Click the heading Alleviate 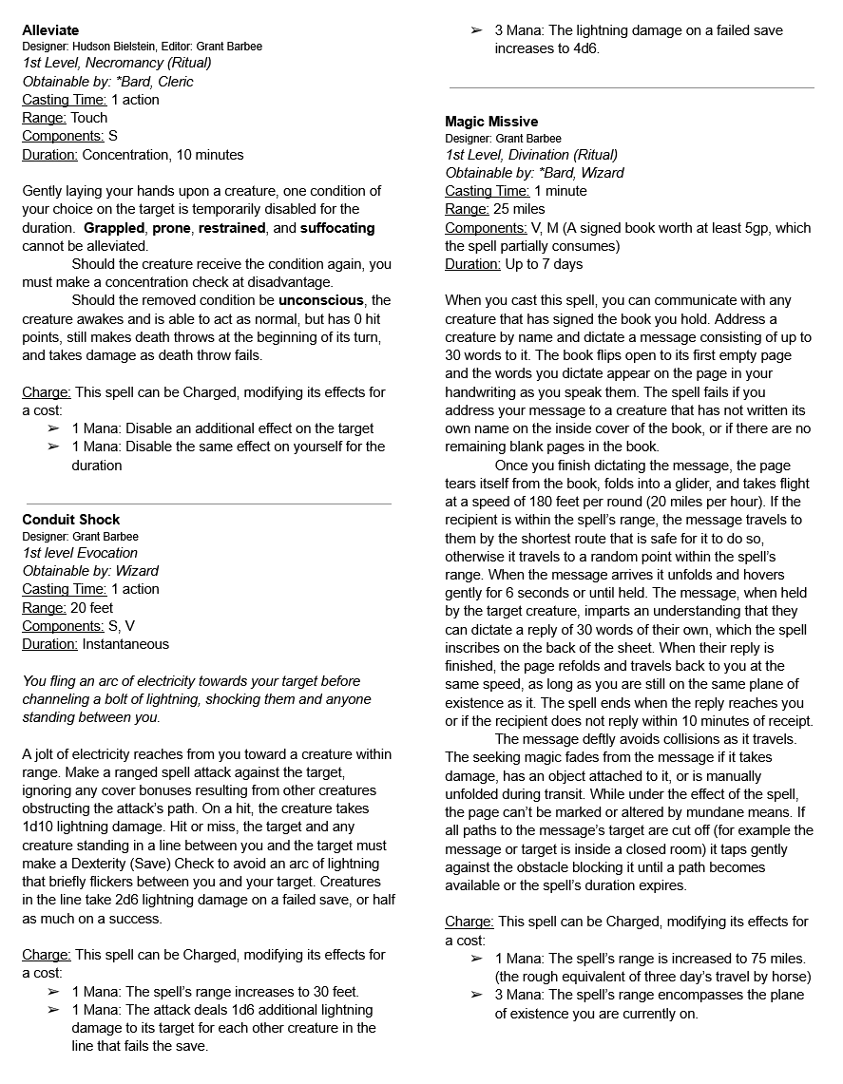coord(50,30)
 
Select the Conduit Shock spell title coord(71,520)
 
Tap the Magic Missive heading coord(491,122)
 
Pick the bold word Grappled coord(113,228)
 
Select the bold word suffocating coord(337,228)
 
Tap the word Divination coord(544,155)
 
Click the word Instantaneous coord(125,644)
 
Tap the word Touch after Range coord(89,118)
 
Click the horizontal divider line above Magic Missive coord(631,87)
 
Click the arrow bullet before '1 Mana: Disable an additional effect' coord(53,429)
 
